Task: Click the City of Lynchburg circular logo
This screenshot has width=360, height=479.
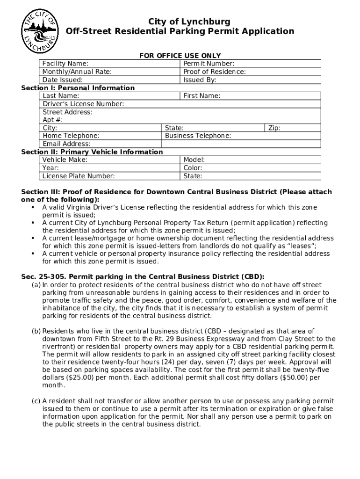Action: pyautogui.click(x=40, y=32)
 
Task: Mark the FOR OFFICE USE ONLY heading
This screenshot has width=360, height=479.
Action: pyautogui.click(x=180, y=56)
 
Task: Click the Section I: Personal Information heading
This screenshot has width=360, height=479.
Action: pyautogui.click(x=78, y=88)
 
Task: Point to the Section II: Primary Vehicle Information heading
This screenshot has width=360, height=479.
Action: pyautogui.click(x=92, y=152)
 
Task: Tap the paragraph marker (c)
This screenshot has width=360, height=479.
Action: pyautogui.click(x=36, y=401)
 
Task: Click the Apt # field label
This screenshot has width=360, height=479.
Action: pyautogui.click(x=53, y=120)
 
